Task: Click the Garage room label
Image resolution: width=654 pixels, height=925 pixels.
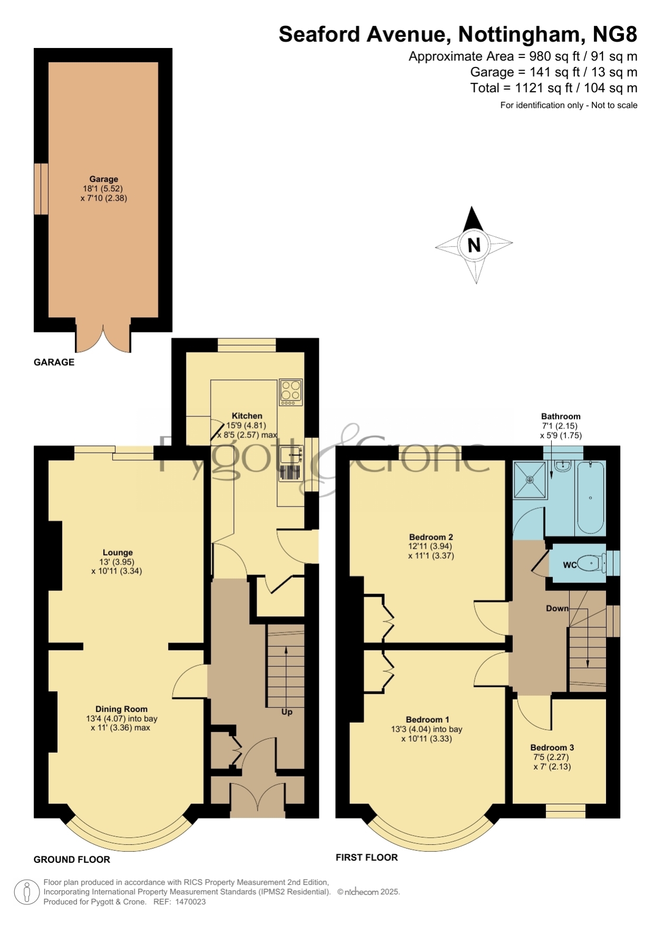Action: (x=103, y=179)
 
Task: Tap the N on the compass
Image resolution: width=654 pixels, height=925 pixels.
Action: (x=474, y=245)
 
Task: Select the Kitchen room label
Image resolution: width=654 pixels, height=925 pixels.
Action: (x=247, y=416)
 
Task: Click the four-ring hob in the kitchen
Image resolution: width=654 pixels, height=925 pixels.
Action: (x=291, y=393)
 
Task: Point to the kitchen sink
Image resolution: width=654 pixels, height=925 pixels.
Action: (x=291, y=455)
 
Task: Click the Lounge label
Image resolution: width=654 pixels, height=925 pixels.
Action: (x=118, y=553)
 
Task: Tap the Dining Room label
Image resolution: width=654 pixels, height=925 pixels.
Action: (x=121, y=709)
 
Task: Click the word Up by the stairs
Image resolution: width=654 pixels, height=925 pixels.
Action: (x=287, y=712)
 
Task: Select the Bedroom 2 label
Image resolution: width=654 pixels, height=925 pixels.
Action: (x=431, y=537)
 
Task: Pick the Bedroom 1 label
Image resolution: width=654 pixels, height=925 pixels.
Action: (x=427, y=719)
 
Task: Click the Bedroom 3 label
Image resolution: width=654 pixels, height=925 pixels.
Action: (x=552, y=747)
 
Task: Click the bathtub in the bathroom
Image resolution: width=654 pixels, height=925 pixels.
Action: (x=590, y=498)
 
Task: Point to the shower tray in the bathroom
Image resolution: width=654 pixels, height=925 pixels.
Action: (x=530, y=480)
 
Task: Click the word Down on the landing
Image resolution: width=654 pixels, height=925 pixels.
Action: (x=557, y=608)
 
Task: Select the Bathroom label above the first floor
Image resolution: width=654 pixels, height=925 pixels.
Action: (x=561, y=416)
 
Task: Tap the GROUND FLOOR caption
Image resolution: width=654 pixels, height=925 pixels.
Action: (x=72, y=860)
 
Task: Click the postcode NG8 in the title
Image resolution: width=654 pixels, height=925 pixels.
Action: (x=615, y=34)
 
